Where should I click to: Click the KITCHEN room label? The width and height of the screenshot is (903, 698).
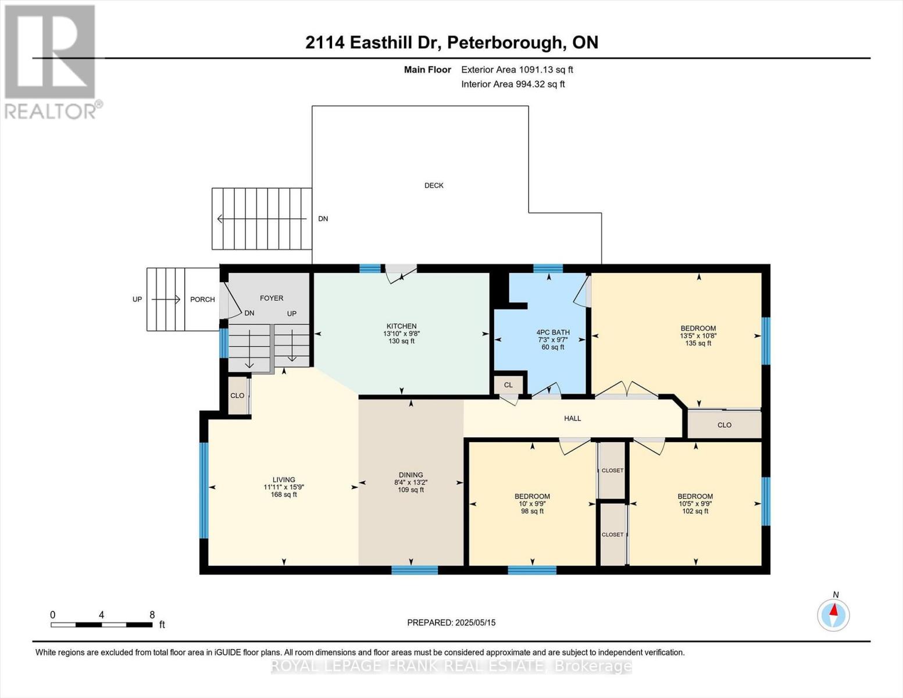(401, 326)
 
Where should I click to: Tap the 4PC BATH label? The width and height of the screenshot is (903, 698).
(552, 333)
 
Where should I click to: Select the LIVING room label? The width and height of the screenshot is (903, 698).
(284, 480)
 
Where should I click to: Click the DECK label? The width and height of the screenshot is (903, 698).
(434, 186)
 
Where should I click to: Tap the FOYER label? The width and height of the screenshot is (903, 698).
(272, 298)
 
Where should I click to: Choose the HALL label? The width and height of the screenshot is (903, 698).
(572, 418)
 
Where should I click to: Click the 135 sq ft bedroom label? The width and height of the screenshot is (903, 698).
(698, 329)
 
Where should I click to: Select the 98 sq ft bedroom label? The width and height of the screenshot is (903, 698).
(532, 497)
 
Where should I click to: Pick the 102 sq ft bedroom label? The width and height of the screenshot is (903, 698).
(695, 497)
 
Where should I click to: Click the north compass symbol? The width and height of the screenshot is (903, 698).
(834, 614)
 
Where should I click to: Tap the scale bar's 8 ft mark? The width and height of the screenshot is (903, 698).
(152, 615)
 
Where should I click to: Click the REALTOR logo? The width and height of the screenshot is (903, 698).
(51, 61)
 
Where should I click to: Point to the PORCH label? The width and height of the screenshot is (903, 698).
(202, 300)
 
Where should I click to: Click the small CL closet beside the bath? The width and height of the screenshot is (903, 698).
(508, 385)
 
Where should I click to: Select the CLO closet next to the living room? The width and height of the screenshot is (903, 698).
(237, 396)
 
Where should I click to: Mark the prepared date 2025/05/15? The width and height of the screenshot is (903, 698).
(451, 622)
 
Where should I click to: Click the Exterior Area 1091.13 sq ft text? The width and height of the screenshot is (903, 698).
(517, 70)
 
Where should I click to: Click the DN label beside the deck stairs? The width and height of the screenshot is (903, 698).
(323, 219)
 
